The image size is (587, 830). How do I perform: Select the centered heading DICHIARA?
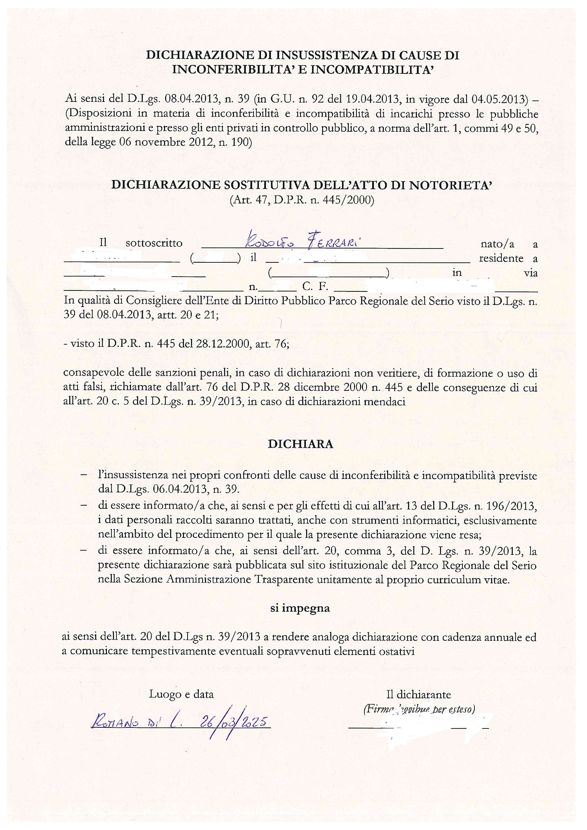point(300,444)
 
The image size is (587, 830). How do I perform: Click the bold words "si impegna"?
point(300,608)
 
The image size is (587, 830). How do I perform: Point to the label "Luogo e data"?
point(181,694)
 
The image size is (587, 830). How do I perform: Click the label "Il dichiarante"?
point(418,694)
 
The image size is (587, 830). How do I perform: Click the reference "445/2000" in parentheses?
point(350,200)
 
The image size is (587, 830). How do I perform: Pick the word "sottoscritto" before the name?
point(154,243)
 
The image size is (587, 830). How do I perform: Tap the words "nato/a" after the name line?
point(497,244)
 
